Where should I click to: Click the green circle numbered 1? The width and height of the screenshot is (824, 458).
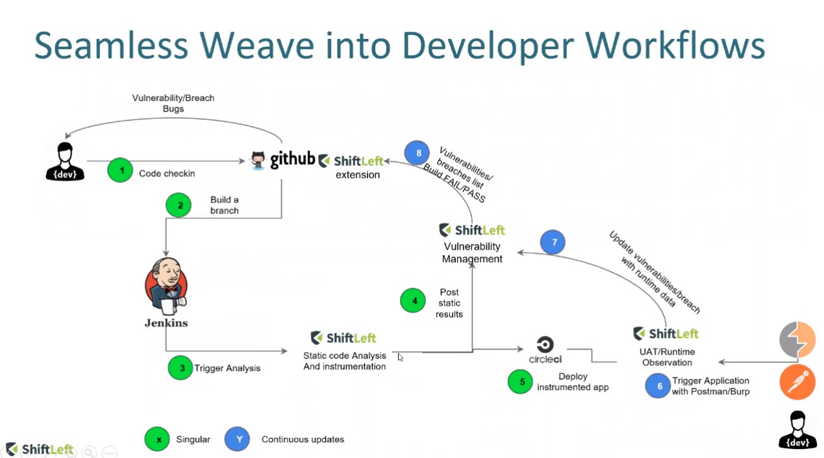coord(120,171)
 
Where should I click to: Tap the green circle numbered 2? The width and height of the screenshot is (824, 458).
coord(179,205)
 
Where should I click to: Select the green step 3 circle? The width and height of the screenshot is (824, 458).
coord(181,368)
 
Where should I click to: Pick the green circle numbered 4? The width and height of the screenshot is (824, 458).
coord(413,300)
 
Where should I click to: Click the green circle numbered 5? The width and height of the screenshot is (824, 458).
coord(521,381)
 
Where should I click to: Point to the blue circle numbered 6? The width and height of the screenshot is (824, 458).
coord(658,386)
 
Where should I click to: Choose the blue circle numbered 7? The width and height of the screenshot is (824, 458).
coord(553,242)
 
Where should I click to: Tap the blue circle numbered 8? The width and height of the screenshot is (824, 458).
coord(417,153)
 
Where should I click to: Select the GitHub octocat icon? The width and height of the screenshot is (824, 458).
coord(259,160)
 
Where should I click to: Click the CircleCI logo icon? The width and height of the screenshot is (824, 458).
coord(545,344)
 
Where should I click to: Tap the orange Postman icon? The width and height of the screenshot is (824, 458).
coord(797,381)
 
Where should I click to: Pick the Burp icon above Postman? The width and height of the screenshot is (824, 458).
coord(797,339)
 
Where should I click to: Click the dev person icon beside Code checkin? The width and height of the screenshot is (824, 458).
coord(65,161)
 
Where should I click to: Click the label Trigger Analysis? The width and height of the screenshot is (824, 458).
coord(227,368)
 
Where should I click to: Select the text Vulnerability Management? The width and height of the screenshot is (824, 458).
coord(472,252)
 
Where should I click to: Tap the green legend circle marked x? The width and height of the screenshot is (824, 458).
coord(158,439)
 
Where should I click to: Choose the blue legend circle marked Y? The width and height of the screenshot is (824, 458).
coord(238,439)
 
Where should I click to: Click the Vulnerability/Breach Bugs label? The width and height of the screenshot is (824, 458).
coord(173,103)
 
